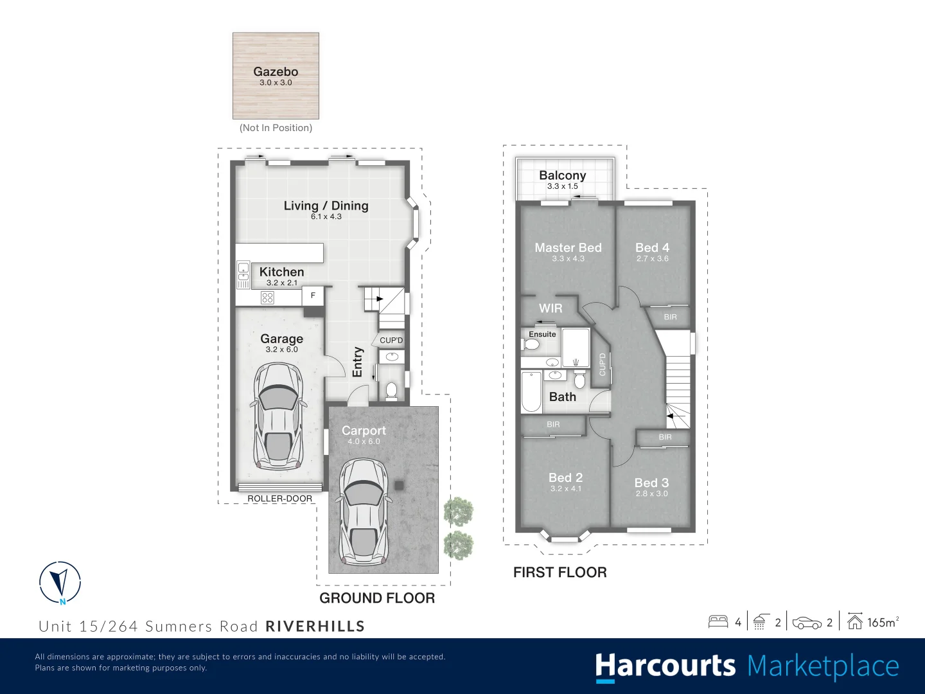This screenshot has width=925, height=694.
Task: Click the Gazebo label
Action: click(x=276, y=72)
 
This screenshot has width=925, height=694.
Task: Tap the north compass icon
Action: click(x=60, y=582)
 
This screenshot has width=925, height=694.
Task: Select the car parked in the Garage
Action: click(x=279, y=416)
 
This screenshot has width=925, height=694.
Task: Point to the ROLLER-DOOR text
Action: click(x=279, y=499)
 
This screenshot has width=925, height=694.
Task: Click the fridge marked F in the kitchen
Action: click(x=313, y=296)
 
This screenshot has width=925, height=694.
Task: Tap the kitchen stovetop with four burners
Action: click(x=267, y=298)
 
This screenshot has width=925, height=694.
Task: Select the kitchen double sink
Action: click(x=243, y=275)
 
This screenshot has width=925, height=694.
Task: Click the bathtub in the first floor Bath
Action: click(x=531, y=391)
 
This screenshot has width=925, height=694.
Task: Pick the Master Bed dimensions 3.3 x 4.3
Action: click(x=568, y=259)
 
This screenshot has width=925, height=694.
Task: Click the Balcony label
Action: click(x=562, y=175)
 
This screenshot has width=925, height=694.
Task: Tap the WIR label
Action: click(x=551, y=308)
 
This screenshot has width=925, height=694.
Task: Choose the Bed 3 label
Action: click(x=651, y=483)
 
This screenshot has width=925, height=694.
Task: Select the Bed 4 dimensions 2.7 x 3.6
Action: click(x=652, y=259)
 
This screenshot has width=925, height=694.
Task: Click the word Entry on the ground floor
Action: click(x=358, y=362)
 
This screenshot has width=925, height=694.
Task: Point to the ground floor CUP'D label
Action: click(x=391, y=341)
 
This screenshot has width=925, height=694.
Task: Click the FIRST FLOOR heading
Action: click(x=559, y=573)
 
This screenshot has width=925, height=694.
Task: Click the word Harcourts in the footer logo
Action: click(x=665, y=666)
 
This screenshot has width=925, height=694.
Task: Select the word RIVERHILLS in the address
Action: click(x=315, y=627)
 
